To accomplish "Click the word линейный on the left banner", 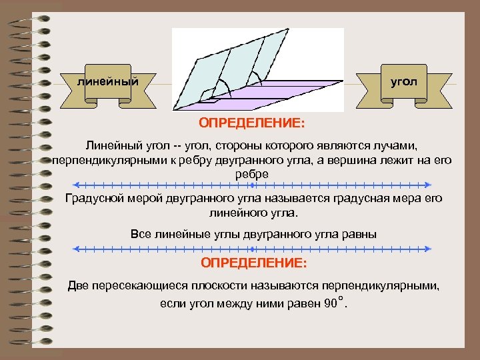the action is tap(108, 82).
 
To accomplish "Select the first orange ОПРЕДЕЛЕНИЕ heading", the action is tap(252, 123).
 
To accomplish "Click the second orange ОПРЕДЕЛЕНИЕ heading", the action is tap(253, 264).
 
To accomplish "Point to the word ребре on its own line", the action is tap(252, 173).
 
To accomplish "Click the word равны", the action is tap(361, 234).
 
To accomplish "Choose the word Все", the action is tap(137, 234).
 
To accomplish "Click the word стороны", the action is tap(195, 145).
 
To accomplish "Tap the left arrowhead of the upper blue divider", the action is tap(77, 185).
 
